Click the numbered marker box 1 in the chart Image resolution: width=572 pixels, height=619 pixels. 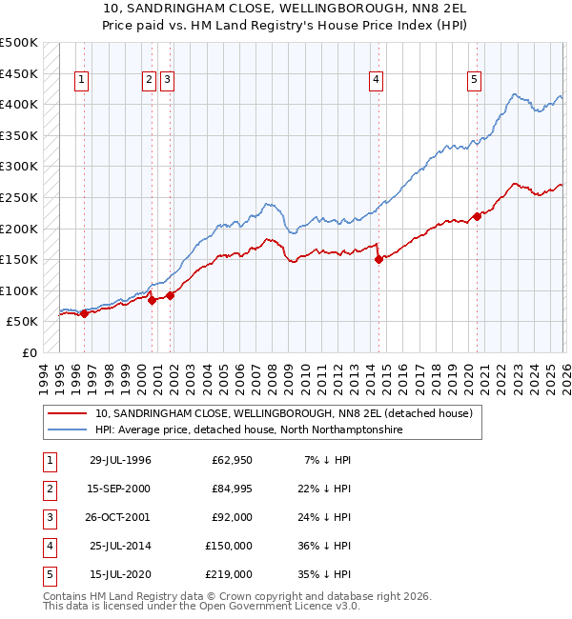[x=82, y=81]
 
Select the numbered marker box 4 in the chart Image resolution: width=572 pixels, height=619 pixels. [x=378, y=81]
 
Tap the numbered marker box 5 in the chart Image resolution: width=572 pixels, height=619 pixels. [x=474, y=81]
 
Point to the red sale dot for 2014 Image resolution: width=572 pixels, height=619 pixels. [x=378, y=259]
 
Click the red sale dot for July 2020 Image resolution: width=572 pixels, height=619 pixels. [x=477, y=216]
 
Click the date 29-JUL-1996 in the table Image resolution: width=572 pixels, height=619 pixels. [x=120, y=460]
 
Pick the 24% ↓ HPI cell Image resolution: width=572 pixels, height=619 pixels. [x=324, y=517]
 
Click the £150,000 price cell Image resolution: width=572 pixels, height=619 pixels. [x=228, y=546]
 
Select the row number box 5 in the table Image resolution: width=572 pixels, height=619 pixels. [x=48, y=574]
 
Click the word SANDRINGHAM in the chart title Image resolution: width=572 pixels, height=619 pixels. [x=211, y=9]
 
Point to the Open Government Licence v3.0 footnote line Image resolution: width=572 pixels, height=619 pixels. [x=188, y=606]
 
